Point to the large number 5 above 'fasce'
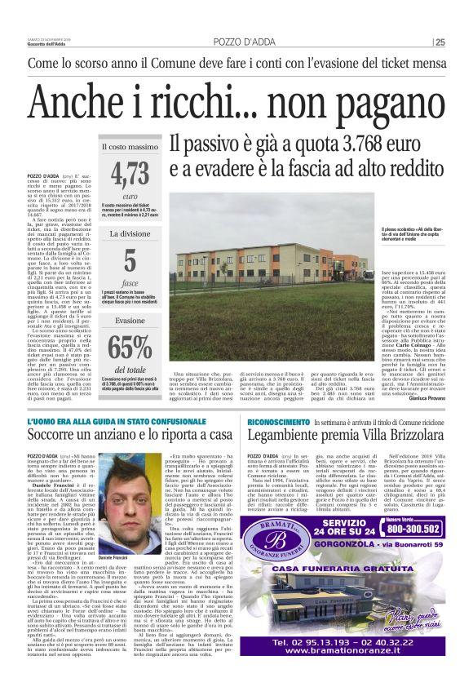pyautogui.click(x=130, y=262)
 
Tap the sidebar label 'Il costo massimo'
pyautogui.click(x=130, y=147)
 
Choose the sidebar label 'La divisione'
pyautogui.click(x=130, y=233)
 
